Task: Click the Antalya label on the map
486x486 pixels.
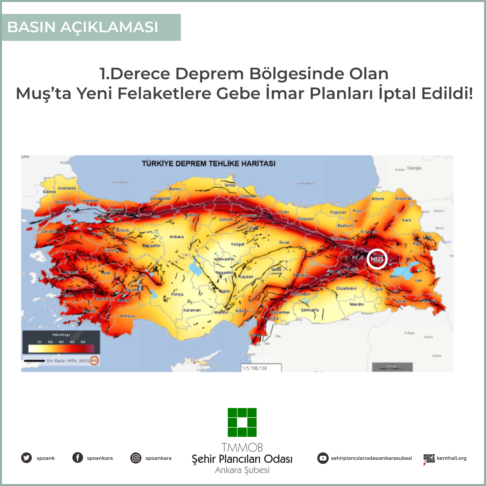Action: coord(127,316)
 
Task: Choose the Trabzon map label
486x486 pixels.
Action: coord(338,212)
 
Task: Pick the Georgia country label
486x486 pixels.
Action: coord(414,168)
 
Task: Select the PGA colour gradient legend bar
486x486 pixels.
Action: coord(61,349)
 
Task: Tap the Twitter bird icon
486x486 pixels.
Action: coord(26,458)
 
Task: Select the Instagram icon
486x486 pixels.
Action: coord(136,458)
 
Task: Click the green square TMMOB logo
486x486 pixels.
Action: coord(242,422)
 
